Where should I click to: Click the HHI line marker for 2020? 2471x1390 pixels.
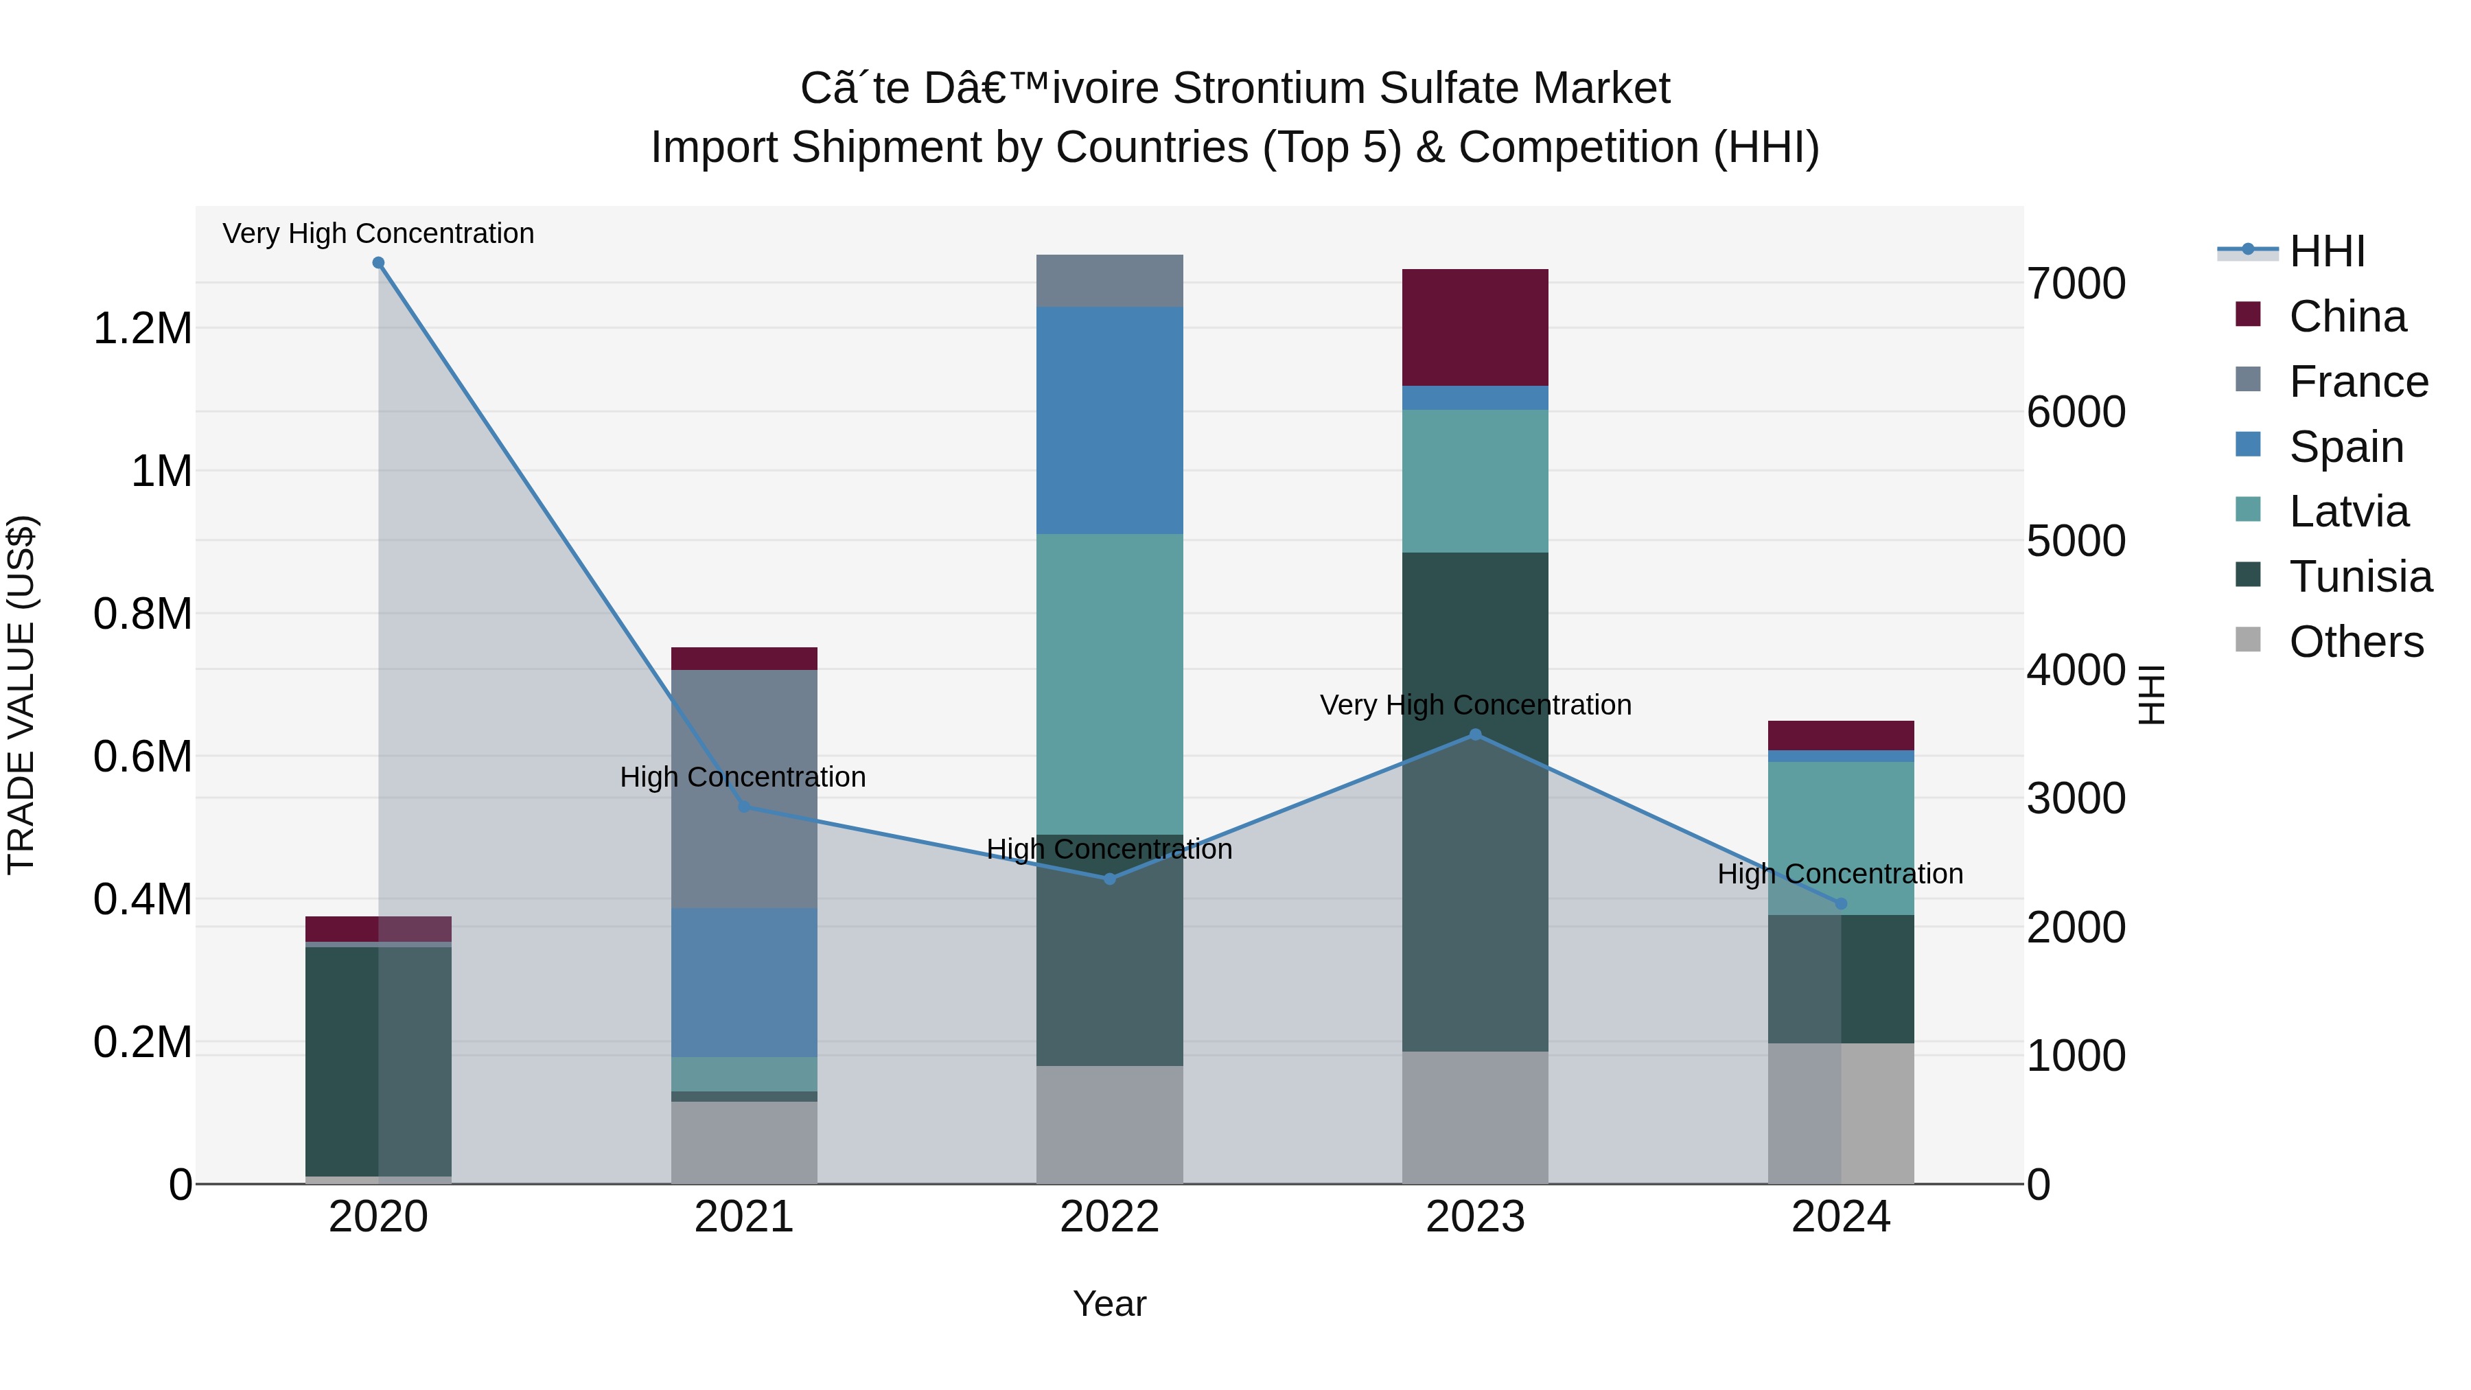(378, 263)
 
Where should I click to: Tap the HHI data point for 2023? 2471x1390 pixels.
(1475, 734)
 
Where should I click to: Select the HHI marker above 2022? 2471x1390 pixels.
(1110, 879)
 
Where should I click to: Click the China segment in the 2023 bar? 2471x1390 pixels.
(1475, 327)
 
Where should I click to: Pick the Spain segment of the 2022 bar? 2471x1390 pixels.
(1110, 420)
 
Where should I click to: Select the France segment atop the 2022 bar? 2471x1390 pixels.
(1110, 281)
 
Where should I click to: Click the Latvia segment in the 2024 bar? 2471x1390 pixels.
(1841, 837)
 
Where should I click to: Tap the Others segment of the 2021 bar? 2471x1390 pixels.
(743, 1142)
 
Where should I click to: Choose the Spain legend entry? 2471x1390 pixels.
(2345, 447)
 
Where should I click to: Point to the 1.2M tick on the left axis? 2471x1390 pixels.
(142, 329)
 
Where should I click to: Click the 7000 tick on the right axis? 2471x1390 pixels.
(2076, 284)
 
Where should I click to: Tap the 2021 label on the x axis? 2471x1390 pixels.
(743, 1217)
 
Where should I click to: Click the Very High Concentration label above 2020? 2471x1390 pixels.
(378, 233)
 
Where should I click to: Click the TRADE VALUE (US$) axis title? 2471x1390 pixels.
(21, 695)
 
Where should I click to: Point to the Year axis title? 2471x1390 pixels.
(1110, 1304)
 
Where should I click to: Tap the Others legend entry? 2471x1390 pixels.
(2355, 642)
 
